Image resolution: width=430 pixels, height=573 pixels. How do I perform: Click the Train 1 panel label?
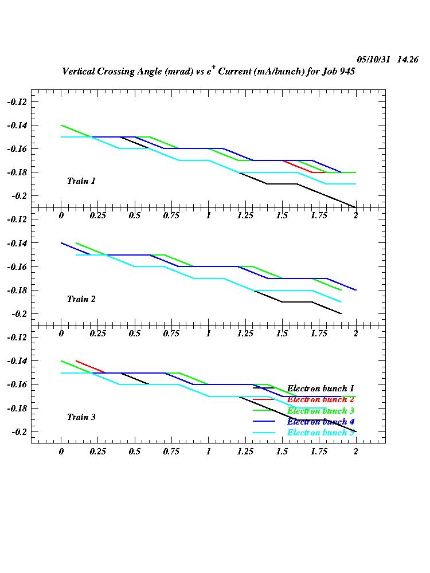pos(81,181)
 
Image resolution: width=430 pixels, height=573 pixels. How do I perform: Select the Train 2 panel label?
pos(81,299)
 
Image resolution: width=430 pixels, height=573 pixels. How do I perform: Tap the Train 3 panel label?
pos(81,417)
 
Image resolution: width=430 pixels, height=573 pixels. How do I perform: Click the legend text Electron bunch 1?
pos(320,388)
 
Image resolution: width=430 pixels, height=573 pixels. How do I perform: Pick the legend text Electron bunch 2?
pos(320,399)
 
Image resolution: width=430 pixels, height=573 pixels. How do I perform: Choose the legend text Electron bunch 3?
pos(320,411)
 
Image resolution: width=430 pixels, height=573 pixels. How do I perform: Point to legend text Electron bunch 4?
pos(320,422)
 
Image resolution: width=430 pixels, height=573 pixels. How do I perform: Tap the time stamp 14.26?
pos(408,60)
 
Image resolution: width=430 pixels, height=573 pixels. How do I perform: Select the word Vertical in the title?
pos(80,72)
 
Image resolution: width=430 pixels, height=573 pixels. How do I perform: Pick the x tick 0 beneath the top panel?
pos(61,215)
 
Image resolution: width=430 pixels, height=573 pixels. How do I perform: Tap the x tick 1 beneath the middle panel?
pos(209,333)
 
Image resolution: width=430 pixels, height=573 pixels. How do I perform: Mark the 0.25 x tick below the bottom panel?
pos(98,452)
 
